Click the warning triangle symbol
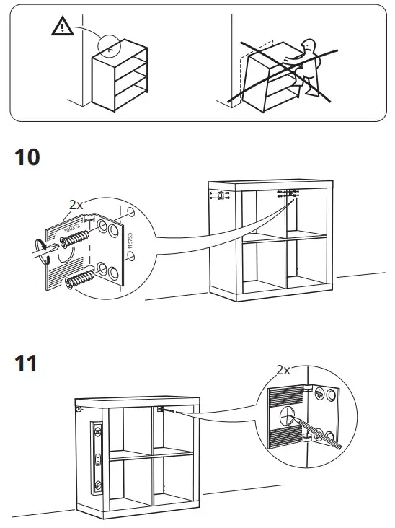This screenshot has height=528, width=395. [63, 27]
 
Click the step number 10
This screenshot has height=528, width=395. [27, 157]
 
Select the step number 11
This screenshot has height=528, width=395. [26, 363]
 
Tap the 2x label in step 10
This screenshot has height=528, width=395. [76, 205]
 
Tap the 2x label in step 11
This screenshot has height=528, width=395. [283, 370]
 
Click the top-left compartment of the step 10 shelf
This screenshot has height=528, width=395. [262, 214]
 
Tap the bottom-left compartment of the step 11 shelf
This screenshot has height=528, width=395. [130, 481]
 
